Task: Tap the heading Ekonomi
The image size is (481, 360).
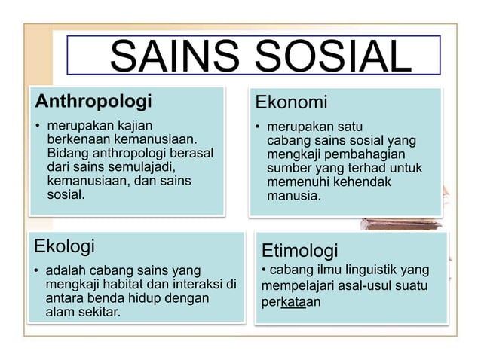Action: coord(292,102)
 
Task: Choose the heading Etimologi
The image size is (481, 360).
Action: coord(299,249)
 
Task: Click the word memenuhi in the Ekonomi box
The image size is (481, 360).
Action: coord(297,182)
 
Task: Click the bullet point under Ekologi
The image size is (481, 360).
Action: coord(36,270)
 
